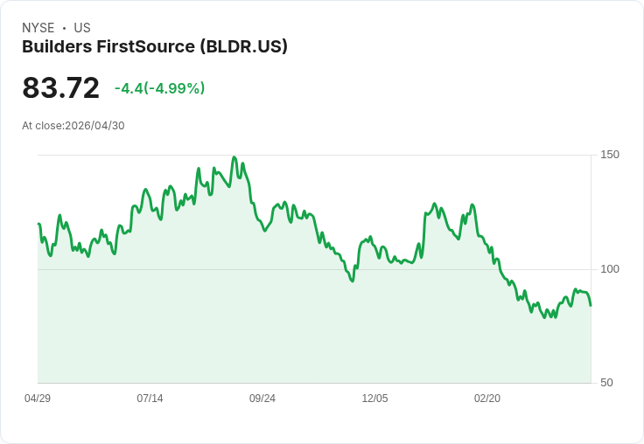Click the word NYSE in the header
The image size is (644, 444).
(x=38, y=28)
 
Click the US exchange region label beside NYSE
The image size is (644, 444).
(x=82, y=28)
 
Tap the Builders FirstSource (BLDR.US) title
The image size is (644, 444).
(x=155, y=46)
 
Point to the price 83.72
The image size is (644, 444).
(x=60, y=87)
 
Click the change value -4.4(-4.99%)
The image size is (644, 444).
(x=159, y=88)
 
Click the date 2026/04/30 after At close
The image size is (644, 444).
(x=94, y=126)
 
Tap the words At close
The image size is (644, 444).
(x=42, y=126)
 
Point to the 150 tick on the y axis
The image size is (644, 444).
(x=610, y=155)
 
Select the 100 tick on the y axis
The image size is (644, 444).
(x=610, y=268)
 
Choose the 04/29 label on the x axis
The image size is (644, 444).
(x=38, y=399)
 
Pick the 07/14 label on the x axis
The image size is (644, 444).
(x=150, y=399)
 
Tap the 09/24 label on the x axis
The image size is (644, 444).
(x=262, y=399)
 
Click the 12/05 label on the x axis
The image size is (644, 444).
(x=374, y=399)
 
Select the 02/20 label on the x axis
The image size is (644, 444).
(x=487, y=399)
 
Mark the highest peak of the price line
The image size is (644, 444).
(x=234, y=157)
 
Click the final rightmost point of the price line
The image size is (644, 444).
(x=591, y=305)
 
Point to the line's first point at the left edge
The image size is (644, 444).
(x=38, y=224)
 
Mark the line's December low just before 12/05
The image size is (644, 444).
(x=352, y=281)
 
